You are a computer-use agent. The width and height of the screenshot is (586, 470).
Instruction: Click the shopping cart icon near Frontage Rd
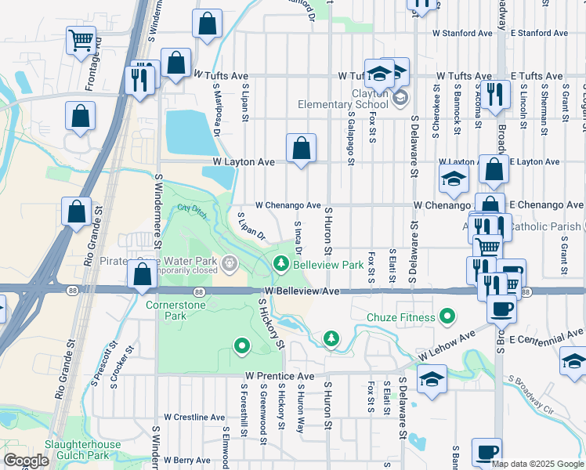tap(81, 41)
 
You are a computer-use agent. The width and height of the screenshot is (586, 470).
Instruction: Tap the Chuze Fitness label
tap(400, 317)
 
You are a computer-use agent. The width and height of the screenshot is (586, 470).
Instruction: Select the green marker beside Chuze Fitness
tap(447, 316)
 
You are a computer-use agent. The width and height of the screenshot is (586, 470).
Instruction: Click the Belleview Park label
tap(328, 266)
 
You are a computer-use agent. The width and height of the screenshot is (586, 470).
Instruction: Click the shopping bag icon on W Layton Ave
tap(301, 148)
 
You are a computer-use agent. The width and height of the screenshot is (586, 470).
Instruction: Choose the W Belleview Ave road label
tap(302, 291)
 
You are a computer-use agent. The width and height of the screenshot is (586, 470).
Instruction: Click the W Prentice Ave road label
tap(279, 377)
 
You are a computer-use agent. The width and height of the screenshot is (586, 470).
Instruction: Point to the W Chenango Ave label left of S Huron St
tap(288, 205)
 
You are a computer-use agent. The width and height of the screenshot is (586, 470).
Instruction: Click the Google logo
tap(26, 461)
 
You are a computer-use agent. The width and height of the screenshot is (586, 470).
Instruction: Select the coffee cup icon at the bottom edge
tap(487, 453)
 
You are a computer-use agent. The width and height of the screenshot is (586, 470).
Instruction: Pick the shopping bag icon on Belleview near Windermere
tap(142, 275)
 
